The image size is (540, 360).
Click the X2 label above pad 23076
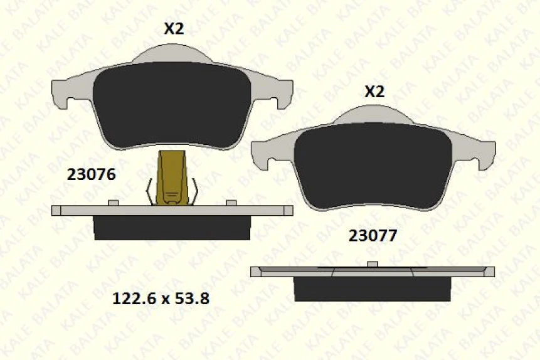[174, 29]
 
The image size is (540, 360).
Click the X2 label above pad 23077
[374, 92]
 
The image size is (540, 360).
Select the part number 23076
[91, 175]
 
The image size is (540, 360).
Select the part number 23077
[373, 236]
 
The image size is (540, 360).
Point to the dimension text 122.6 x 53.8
[160, 299]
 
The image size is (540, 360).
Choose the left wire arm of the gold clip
[151, 191]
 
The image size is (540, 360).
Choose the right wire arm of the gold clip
[195, 191]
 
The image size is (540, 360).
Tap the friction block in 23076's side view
[172, 228]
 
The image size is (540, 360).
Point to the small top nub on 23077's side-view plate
[373, 263]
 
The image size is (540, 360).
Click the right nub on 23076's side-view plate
[231, 202]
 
